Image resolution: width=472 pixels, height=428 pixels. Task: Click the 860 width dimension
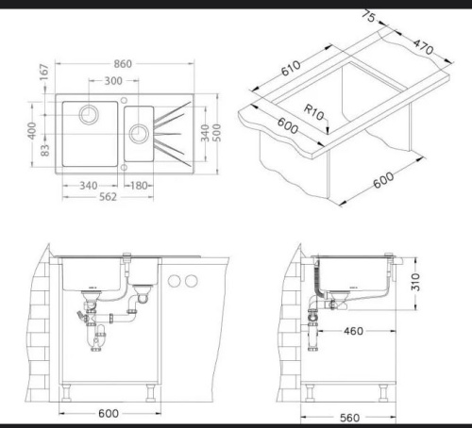tap(123, 64)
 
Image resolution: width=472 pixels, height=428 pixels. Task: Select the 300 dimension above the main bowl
tap(113, 81)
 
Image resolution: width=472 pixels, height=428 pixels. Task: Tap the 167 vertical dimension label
tap(44, 72)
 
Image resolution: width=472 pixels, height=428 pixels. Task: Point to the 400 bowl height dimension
tap(32, 131)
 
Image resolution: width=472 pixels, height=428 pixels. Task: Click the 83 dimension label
tap(45, 150)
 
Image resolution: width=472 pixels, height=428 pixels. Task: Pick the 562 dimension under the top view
tap(108, 197)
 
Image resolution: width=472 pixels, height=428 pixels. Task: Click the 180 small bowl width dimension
tap(139, 186)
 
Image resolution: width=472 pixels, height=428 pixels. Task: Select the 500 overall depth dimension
tap(217, 133)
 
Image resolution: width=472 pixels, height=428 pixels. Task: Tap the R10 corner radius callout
tap(313, 112)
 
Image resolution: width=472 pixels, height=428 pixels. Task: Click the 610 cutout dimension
tap(291, 68)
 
